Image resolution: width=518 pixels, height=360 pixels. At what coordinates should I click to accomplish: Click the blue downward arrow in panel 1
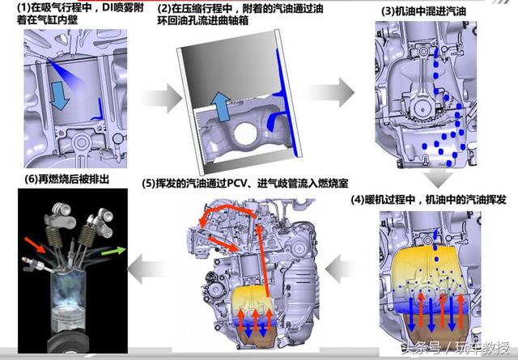tap(59, 95)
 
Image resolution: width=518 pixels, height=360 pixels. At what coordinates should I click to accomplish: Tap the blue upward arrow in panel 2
tap(221, 107)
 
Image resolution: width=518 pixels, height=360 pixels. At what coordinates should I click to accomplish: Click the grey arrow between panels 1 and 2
tap(162, 98)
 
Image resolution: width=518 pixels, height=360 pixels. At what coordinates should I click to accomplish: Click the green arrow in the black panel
tap(113, 251)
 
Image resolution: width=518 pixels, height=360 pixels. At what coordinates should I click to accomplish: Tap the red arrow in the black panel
tap(35, 245)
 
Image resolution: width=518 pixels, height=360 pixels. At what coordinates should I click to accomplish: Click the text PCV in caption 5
tap(237, 183)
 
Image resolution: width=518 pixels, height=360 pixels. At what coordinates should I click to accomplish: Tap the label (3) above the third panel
tap(388, 11)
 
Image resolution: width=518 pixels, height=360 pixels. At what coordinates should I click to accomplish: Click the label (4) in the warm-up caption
tap(358, 200)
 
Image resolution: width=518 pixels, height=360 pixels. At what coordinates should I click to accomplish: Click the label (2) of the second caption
tap(164, 9)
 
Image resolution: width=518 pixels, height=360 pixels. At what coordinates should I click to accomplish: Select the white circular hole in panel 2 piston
tap(244, 133)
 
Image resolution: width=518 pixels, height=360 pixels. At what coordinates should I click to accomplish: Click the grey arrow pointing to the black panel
tap(146, 269)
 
